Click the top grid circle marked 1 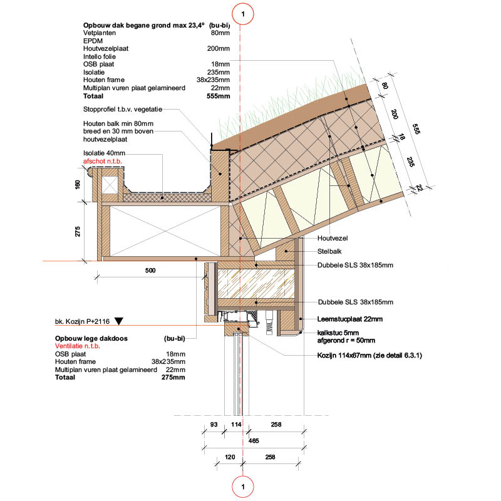coord(243,14)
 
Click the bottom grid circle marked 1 coord(243,487)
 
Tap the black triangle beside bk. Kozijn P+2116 coord(119,321)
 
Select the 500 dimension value coord(150,271)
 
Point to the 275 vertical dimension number coord(78,232)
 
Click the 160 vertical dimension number coord(78,185)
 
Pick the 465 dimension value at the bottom coord(254,441)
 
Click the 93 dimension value coord(214,425)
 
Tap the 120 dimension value coord(230,457)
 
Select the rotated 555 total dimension coord(416,129)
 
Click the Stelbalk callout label coord(329,252)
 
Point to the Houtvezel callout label coord(333,238)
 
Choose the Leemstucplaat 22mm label coord(350,319)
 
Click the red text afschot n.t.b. coord(103,161)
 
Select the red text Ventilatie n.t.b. coord(78,346)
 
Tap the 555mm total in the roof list coord(218,96)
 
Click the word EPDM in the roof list coord(93,41)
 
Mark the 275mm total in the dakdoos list coord(173,377)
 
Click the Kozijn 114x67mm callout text coord(369,355)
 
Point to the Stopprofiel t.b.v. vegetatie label coord(123,109)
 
